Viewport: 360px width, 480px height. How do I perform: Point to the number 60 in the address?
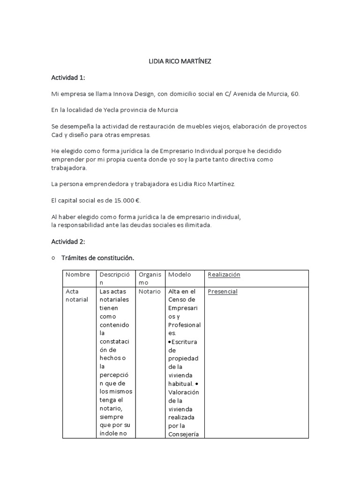click(294, 94)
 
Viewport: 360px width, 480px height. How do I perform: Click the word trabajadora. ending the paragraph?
click(69, 168)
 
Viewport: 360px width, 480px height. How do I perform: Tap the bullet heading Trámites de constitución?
click(97, 258)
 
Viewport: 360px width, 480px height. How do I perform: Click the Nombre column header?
click(77, 275)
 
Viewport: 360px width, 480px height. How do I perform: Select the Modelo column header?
click(180, 275)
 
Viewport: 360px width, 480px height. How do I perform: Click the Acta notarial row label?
click(76, 295)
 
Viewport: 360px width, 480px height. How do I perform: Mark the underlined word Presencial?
click(222, 292)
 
